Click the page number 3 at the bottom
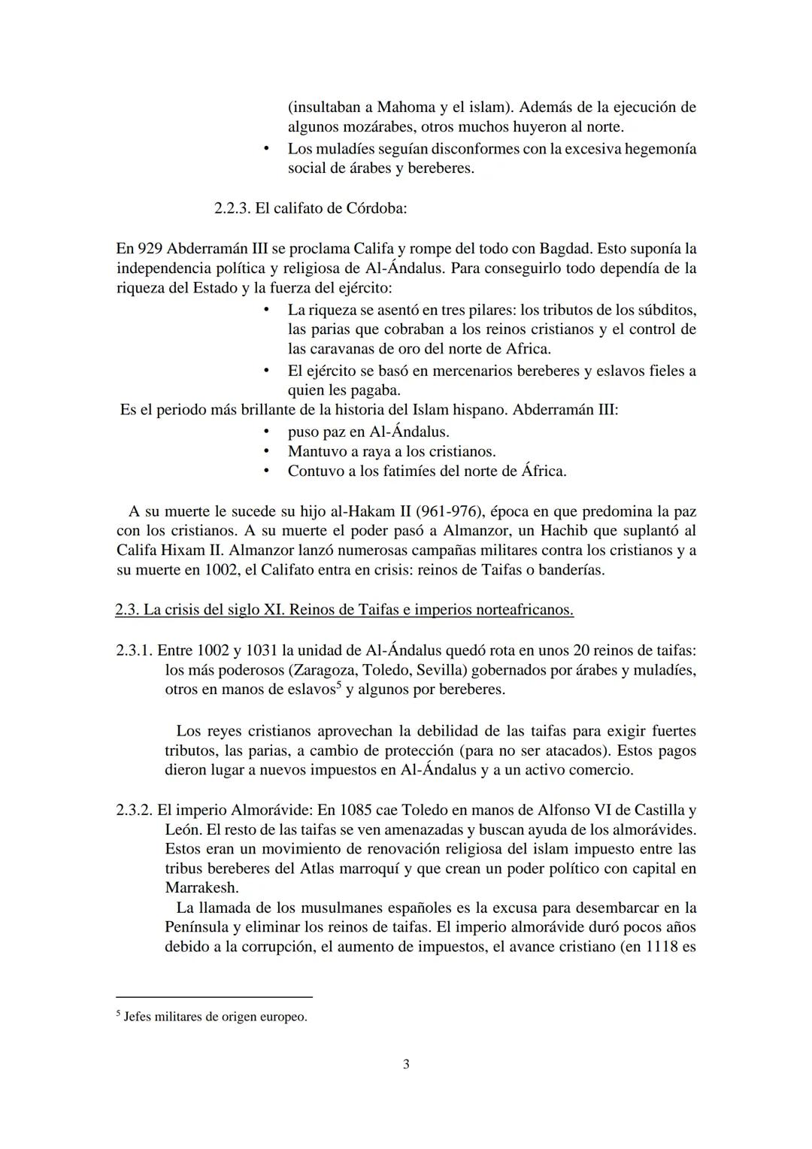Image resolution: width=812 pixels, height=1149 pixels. (406, 1064)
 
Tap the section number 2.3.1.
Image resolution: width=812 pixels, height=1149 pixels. (134, 650)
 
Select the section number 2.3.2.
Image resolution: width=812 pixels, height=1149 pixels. (135, 810)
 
